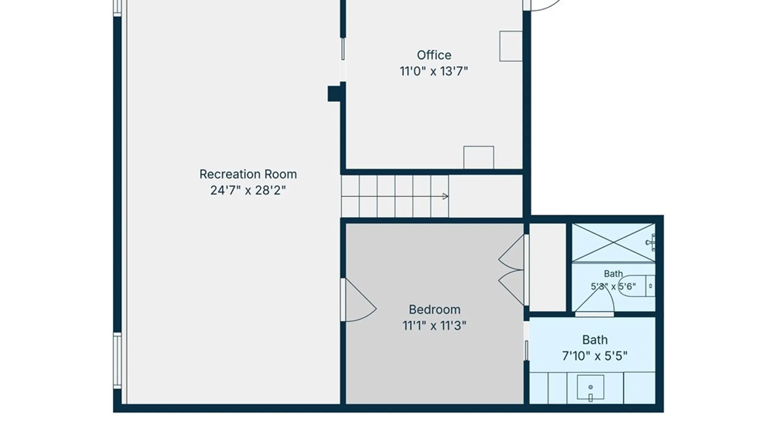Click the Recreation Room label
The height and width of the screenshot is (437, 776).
[248, 174]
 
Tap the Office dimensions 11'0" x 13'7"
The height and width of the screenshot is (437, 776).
[434, 71]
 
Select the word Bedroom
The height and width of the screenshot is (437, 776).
[434, 310]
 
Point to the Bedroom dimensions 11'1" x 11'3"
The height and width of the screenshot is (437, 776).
[434, 325]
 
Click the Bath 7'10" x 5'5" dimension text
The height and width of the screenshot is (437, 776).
[595, 356]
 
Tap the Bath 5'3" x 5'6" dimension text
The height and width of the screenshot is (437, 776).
[613, 286]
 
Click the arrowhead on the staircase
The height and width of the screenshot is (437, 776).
[445, 197]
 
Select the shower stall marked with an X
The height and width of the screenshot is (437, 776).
[614, 243]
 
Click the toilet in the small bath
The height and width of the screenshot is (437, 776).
[637, 286]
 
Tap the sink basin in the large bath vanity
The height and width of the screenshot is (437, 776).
[590, 388]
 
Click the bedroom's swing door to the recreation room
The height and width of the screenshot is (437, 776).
[359, 300]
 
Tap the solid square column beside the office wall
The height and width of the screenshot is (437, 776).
[335, 93]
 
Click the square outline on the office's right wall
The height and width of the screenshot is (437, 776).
[511, 46]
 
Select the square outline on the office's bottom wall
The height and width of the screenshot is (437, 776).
[479, 157]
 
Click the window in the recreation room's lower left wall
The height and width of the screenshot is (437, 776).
[117, 361]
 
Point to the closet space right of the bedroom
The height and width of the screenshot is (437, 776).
[548, 267]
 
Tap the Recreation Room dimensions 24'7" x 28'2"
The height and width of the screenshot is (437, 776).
[248, 190]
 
